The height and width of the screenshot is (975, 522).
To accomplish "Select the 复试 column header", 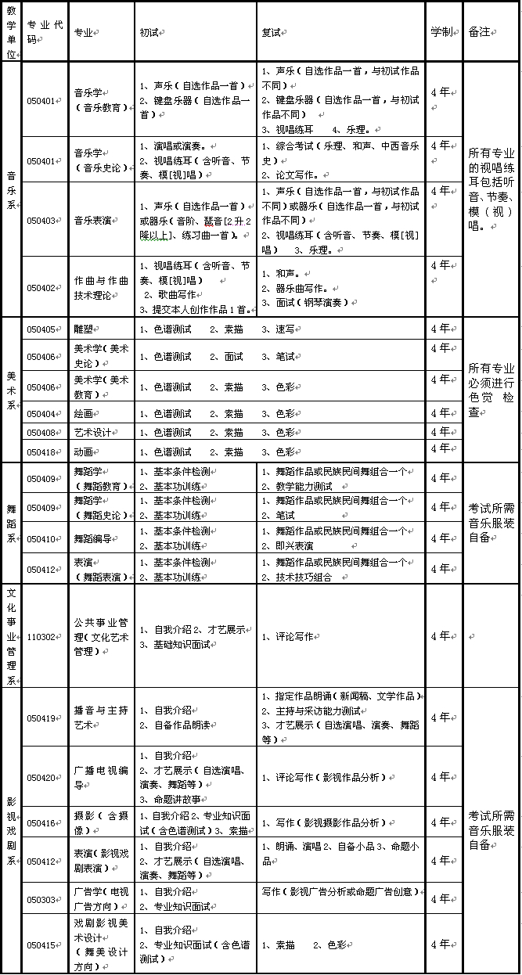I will point(271,32).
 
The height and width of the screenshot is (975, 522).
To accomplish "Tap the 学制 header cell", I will point(441,32).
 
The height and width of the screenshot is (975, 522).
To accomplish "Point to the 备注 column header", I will point(479,32).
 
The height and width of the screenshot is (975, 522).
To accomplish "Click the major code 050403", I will point(41,221).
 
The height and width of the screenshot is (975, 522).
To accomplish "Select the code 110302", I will point(41,637).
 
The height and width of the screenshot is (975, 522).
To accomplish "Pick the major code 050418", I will point(41,452).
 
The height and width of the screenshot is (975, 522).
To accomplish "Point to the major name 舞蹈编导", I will point(92,539).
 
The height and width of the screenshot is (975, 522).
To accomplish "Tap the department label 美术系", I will point(11,390).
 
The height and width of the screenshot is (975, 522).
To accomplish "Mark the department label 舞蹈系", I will point(11,523).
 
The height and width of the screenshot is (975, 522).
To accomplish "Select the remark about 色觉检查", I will point(491,390).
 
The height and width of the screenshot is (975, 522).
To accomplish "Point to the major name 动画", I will point(83,452).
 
